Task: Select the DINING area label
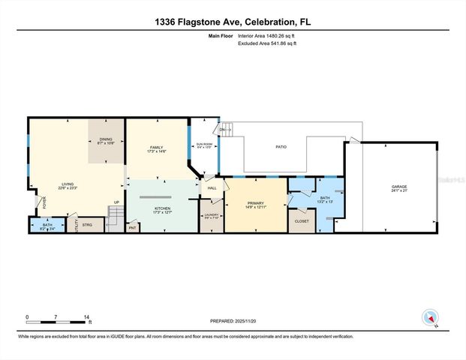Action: (105, 140)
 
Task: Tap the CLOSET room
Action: (302, 222)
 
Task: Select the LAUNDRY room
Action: (211, 217)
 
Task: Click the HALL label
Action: (212, 188)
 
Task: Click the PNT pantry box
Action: (133, 227)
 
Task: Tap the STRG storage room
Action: (87, 223)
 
